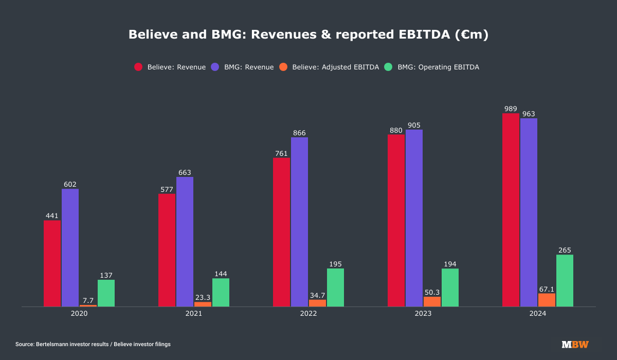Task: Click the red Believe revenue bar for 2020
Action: click(x=52, y=263)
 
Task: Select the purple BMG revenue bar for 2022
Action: click(x=299, y=222)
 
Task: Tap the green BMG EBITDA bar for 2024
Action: click(x=565, y=281)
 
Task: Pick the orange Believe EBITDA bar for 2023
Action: click(x=432, y=301)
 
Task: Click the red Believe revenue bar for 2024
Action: click(x=511, y=210)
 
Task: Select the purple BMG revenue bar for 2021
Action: click(x=185, y=242)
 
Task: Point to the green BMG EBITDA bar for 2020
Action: click(x=106, y=293)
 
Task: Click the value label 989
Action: click(x=511, y=109)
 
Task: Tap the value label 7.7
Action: click(x=88, y=300)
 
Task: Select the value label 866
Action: click(x=299, y=133)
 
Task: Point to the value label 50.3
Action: click(x=432, y=292)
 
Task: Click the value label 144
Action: click(x=221, y=274)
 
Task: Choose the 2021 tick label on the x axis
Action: click(x=194, y=313)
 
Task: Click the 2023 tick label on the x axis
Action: click(x=423, y=313)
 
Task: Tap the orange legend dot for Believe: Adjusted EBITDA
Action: click(x=283, y=67)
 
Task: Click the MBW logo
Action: click(x=575, y=345)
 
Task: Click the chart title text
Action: click(x=308, y=34)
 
